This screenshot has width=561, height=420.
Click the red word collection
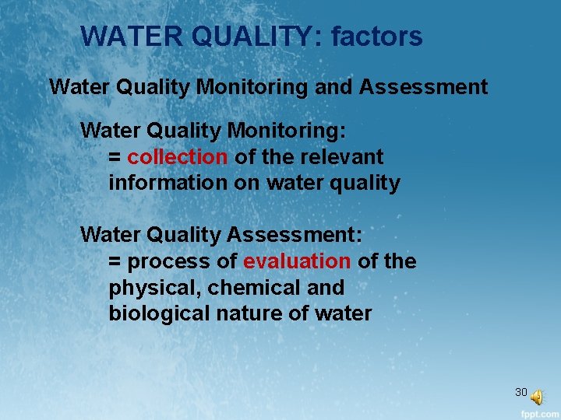(178, 157)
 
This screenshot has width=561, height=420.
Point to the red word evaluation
(297, 261)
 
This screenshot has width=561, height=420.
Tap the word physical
(150, 288)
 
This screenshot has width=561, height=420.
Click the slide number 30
(521, 392)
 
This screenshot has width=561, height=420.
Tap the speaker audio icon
(538, 397)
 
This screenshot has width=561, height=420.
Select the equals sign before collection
(115, 158)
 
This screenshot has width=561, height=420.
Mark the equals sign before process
(115, 262)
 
